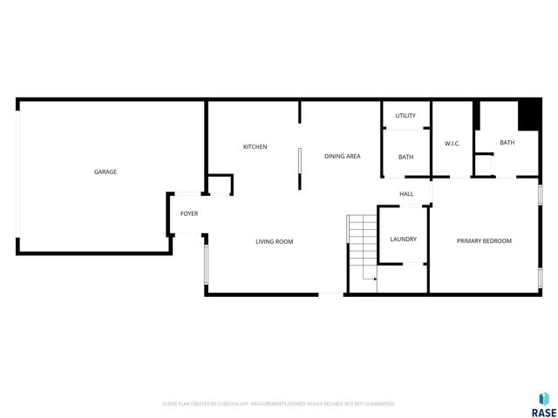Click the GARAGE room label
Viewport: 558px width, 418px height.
[105, 172]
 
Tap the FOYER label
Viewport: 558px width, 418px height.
[189, 213]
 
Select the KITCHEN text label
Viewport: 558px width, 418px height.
[255, 146]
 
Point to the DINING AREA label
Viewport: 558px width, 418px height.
[343, 157]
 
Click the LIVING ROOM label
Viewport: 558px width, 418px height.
[274, 241]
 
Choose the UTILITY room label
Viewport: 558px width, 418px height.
[405, 116]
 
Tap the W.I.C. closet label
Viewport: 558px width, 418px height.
[453, 143]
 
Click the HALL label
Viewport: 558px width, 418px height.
[406, 193]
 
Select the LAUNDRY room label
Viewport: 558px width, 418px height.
[403, 239]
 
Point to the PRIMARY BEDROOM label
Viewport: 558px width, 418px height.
[484, 241]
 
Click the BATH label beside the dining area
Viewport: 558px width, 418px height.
[405, 157]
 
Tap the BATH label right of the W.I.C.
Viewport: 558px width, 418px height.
[507, 143]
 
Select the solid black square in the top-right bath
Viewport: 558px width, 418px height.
[528, 115]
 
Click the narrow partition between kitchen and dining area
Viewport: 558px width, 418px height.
[299, 168]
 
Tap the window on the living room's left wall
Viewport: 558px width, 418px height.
[206, 262]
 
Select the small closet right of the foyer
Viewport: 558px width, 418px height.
[220, 185]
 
